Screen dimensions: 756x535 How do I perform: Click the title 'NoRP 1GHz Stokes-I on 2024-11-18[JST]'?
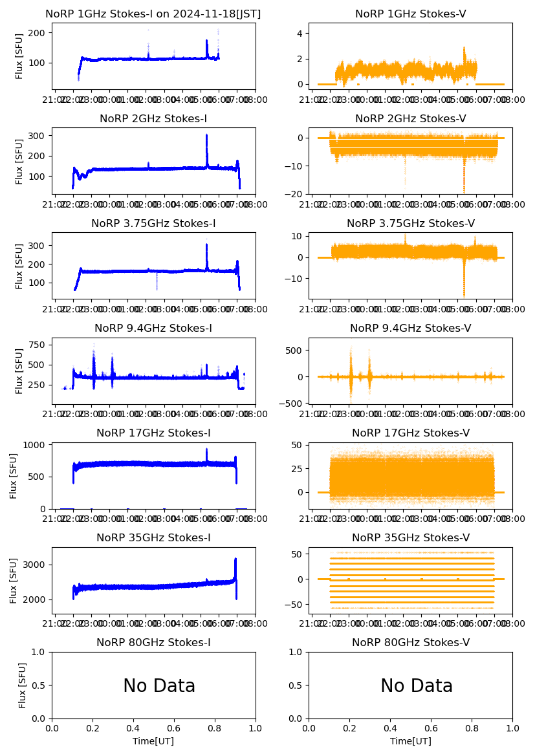point(153,14)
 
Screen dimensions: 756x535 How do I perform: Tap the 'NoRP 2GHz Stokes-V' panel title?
point(410,118)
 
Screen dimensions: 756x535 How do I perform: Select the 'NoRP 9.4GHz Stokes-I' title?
point(153,328)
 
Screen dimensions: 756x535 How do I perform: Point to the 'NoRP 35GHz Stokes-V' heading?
point(410,537)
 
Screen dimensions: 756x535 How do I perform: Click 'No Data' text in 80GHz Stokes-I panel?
point(159,686)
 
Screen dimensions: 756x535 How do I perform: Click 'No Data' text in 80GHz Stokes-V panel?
point(416,686)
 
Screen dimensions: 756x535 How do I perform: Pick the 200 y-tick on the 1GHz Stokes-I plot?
point(39,33)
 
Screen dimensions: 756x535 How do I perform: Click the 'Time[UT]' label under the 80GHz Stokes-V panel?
point(410,741)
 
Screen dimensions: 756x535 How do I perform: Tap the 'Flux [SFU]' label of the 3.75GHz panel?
point(19,266)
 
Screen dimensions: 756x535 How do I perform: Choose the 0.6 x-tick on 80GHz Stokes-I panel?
point(174,727)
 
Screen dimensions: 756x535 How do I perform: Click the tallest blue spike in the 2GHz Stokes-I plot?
point(206,136)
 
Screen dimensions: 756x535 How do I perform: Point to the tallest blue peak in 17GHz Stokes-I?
point(206,449)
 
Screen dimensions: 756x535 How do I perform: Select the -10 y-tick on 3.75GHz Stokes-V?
point(297,279)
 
